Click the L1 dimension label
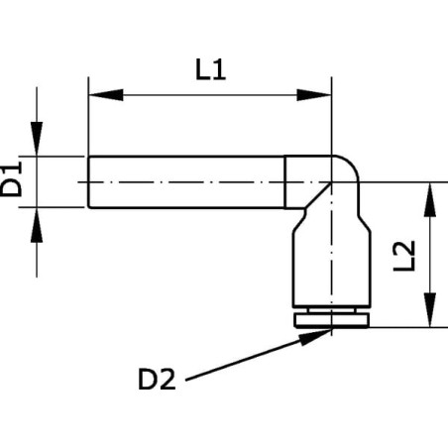(210, 69)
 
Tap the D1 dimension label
(11, 178)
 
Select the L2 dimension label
(403, 256)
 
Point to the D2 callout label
(157, 380)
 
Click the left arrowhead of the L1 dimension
(106, 95)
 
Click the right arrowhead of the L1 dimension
(314, 95)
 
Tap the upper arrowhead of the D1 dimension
(37, 139)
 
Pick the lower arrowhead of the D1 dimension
(37, 225)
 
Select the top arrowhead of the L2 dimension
(429, 200)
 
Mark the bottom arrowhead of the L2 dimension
(429, 310)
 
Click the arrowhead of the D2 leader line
(315, 336)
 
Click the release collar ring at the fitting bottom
(331, 320)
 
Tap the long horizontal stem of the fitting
(186, 182)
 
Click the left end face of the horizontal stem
(88, 182)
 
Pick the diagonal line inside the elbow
(318, 195)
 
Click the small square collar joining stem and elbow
(308, 181)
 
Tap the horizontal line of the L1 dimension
(210, 95)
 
